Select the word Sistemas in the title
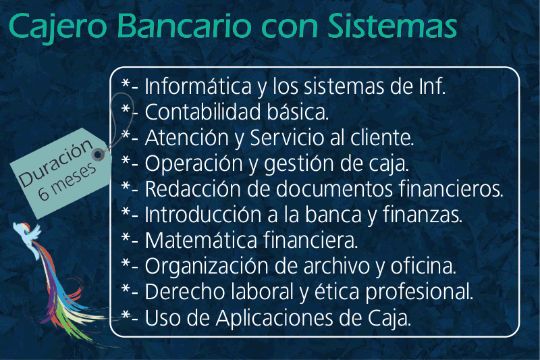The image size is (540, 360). tap(392, 25)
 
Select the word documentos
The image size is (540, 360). tap(334, 189)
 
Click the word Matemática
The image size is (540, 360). tap(200, 240)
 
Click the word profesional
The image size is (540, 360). tap(419, 292)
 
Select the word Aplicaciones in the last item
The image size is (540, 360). tap(275, 318)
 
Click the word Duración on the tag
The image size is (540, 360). tap(56, 163)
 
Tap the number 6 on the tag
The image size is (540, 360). tap(44, 193)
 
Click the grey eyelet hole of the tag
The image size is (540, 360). tap(98, 155)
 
